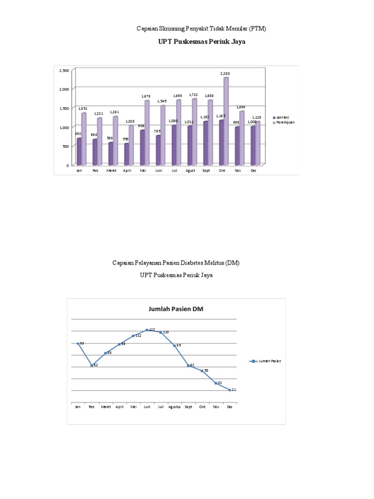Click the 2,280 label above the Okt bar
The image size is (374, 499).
(x=224, y=74)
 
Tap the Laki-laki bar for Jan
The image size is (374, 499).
(x=79, y=152)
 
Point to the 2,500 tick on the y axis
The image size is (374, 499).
(x=64, y=71)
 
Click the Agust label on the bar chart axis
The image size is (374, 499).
(x=190, y=171)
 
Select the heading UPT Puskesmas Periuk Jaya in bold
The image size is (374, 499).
(x=202, y=42)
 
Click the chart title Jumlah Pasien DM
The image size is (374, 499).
(x=175, y=308)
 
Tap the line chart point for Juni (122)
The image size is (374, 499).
(x=147, y=330)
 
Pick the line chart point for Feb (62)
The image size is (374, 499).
(x=91, y=365)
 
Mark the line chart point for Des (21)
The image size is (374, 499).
(x=229, y=390)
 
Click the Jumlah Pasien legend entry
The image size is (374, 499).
(x=265, y=361)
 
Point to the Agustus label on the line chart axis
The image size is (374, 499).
(x=174, y=406)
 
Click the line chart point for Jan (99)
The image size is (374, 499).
(x=77, y=344)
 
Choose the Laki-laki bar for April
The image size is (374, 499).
(x=127, y=154)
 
